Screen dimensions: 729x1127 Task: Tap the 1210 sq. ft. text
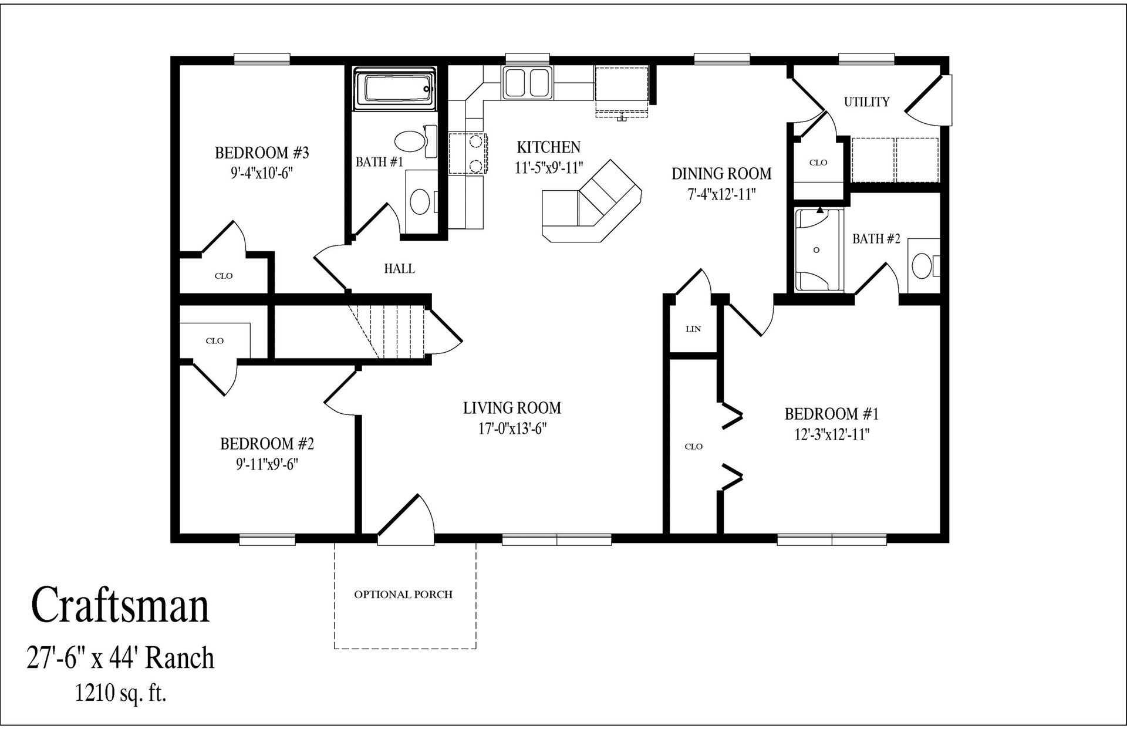tap(120, 694)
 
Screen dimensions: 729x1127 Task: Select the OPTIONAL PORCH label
tap(403, 595)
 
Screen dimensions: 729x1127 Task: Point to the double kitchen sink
tap(527, 83)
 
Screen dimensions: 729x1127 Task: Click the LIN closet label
tap(693, 329)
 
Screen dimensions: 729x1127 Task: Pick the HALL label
tap(399, 269)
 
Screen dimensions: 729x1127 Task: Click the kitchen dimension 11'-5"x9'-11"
tap(548, 168)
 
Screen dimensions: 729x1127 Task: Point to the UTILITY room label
tap(866, 102)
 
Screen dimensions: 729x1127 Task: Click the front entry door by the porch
tap(405, 519)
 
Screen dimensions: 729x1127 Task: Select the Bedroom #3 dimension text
tap(262, 173)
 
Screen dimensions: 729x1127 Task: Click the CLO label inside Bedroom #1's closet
tap(693, 447)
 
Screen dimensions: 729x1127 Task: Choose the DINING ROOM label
tap(721, 174)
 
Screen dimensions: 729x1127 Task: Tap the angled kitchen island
tap(590, 205)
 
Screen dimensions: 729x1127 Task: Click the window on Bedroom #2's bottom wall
tap(268, 539)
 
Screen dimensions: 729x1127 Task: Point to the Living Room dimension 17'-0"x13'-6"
tap(512, 428)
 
